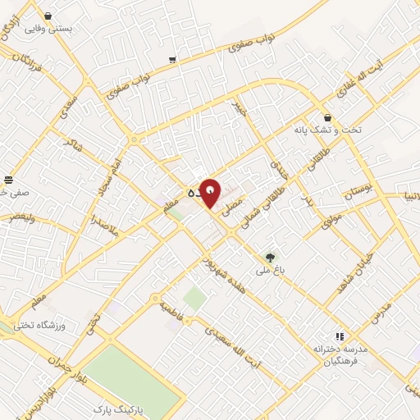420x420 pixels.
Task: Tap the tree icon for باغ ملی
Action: point(270,258)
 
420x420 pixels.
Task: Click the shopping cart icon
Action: point(171,59)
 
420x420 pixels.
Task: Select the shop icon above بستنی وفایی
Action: point(48,16)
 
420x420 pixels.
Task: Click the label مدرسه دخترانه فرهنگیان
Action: point(338,355)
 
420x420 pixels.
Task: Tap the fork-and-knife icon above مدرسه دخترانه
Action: point(338,336)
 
